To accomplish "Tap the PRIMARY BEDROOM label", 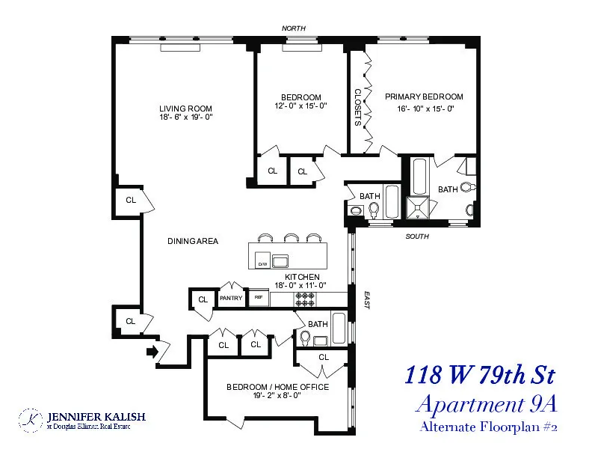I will pos(424,97).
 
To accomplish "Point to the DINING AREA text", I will pos(194,241).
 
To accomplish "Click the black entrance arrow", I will pos(153,351).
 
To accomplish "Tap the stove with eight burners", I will pos(306,299).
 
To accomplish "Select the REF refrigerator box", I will pos(259,298).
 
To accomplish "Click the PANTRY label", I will pos(230,298).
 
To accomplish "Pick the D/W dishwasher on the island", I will pos(262,263).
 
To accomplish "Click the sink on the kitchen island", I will pos(281,260).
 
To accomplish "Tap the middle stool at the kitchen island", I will pos(290,238).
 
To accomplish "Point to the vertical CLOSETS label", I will pos(357,108).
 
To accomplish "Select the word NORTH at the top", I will pos(293,28).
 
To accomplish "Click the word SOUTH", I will pos(417,236).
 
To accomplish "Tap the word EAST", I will pos(366,300).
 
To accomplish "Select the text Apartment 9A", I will pos(487,404).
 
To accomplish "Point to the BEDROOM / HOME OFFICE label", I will pos(268,387).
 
